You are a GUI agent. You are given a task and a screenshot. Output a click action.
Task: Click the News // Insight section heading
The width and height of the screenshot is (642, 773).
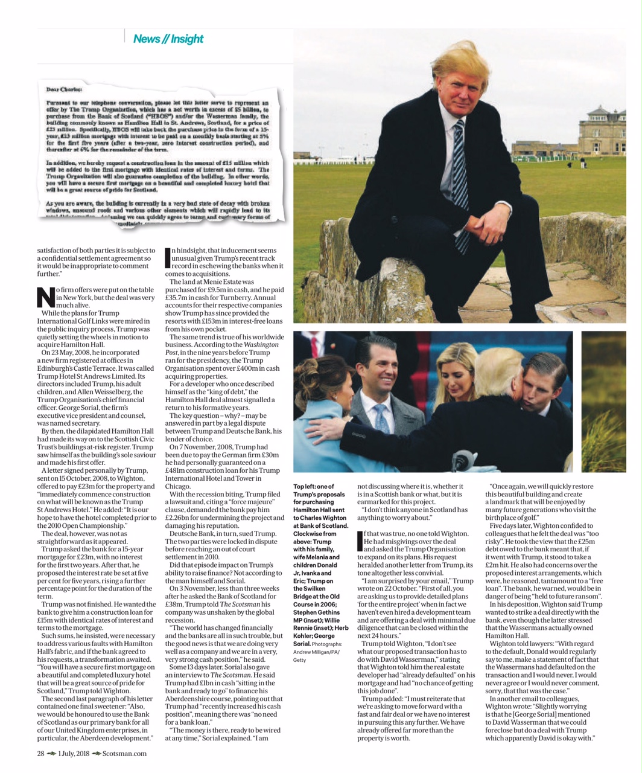tap(168, 39)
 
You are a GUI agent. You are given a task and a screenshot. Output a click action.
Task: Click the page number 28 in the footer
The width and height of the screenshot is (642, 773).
tap(40, 753)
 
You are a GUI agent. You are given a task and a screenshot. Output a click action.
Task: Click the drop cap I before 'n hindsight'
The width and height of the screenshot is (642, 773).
tap(168, 258)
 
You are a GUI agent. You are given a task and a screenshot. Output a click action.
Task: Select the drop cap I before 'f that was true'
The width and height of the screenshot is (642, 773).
tap(360, 541)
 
